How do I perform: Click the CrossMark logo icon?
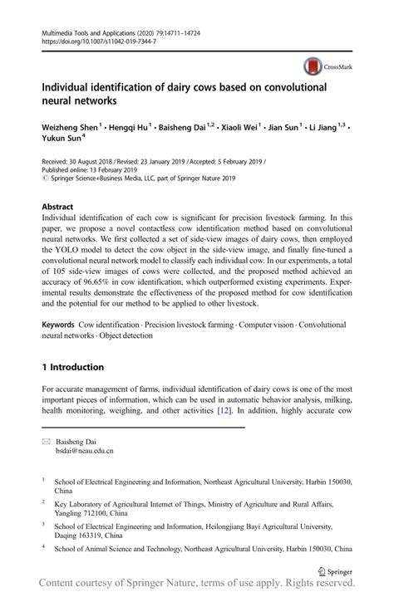point(313,66)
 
